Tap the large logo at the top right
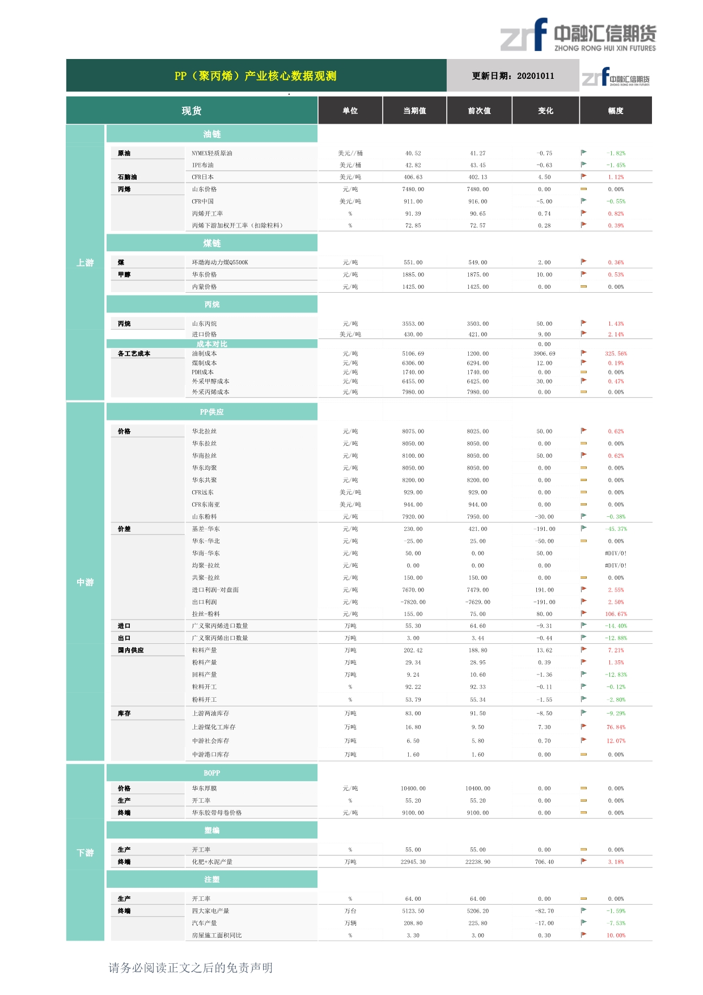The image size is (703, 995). click(578, 35)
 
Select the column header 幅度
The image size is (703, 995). click(616, 111)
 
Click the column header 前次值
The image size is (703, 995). click(479, 111)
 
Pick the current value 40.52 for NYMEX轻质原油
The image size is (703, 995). click(413, 153)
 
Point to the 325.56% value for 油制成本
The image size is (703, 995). click(616, 353)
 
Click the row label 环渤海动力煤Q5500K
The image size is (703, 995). click(220, 263)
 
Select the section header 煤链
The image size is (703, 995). click(212, 243)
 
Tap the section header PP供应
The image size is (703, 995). click(212, 412)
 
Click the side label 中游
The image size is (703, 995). click(85, 582)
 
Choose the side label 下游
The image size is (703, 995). click(85, 853)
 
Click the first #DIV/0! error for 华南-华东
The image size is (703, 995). click(616, 553)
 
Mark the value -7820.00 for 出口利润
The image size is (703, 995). click(413, 602)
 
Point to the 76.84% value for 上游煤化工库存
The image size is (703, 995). click(616, 727)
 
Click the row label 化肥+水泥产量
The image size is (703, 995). click(212, 862)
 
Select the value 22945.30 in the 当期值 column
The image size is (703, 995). click(413, 862)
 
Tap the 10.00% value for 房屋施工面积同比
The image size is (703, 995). click(616, 935)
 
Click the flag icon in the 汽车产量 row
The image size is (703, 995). click(583, 922)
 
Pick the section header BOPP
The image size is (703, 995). click(212, 773)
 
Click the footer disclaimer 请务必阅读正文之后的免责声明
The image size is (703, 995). click(190, 968)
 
